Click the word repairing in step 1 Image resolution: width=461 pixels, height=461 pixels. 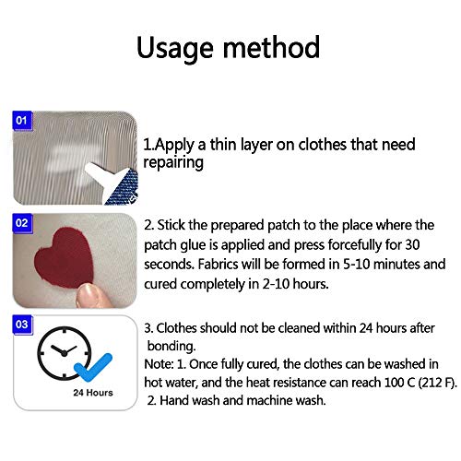coord(172,162)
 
